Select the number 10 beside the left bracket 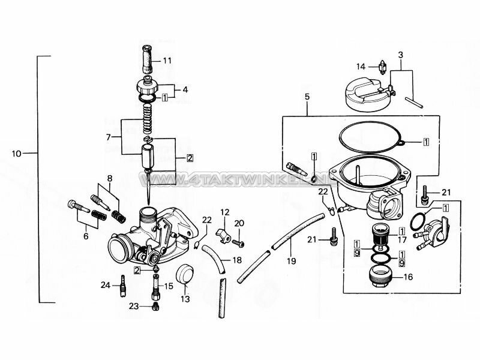(17, 154)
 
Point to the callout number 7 (109, 137)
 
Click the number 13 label (185, 298)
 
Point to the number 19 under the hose (292, 261)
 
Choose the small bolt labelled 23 (155, 306)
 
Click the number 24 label (105, 285)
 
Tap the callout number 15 (169, 286)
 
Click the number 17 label (401, 239)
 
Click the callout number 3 (400, 55)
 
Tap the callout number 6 (86, 236)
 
